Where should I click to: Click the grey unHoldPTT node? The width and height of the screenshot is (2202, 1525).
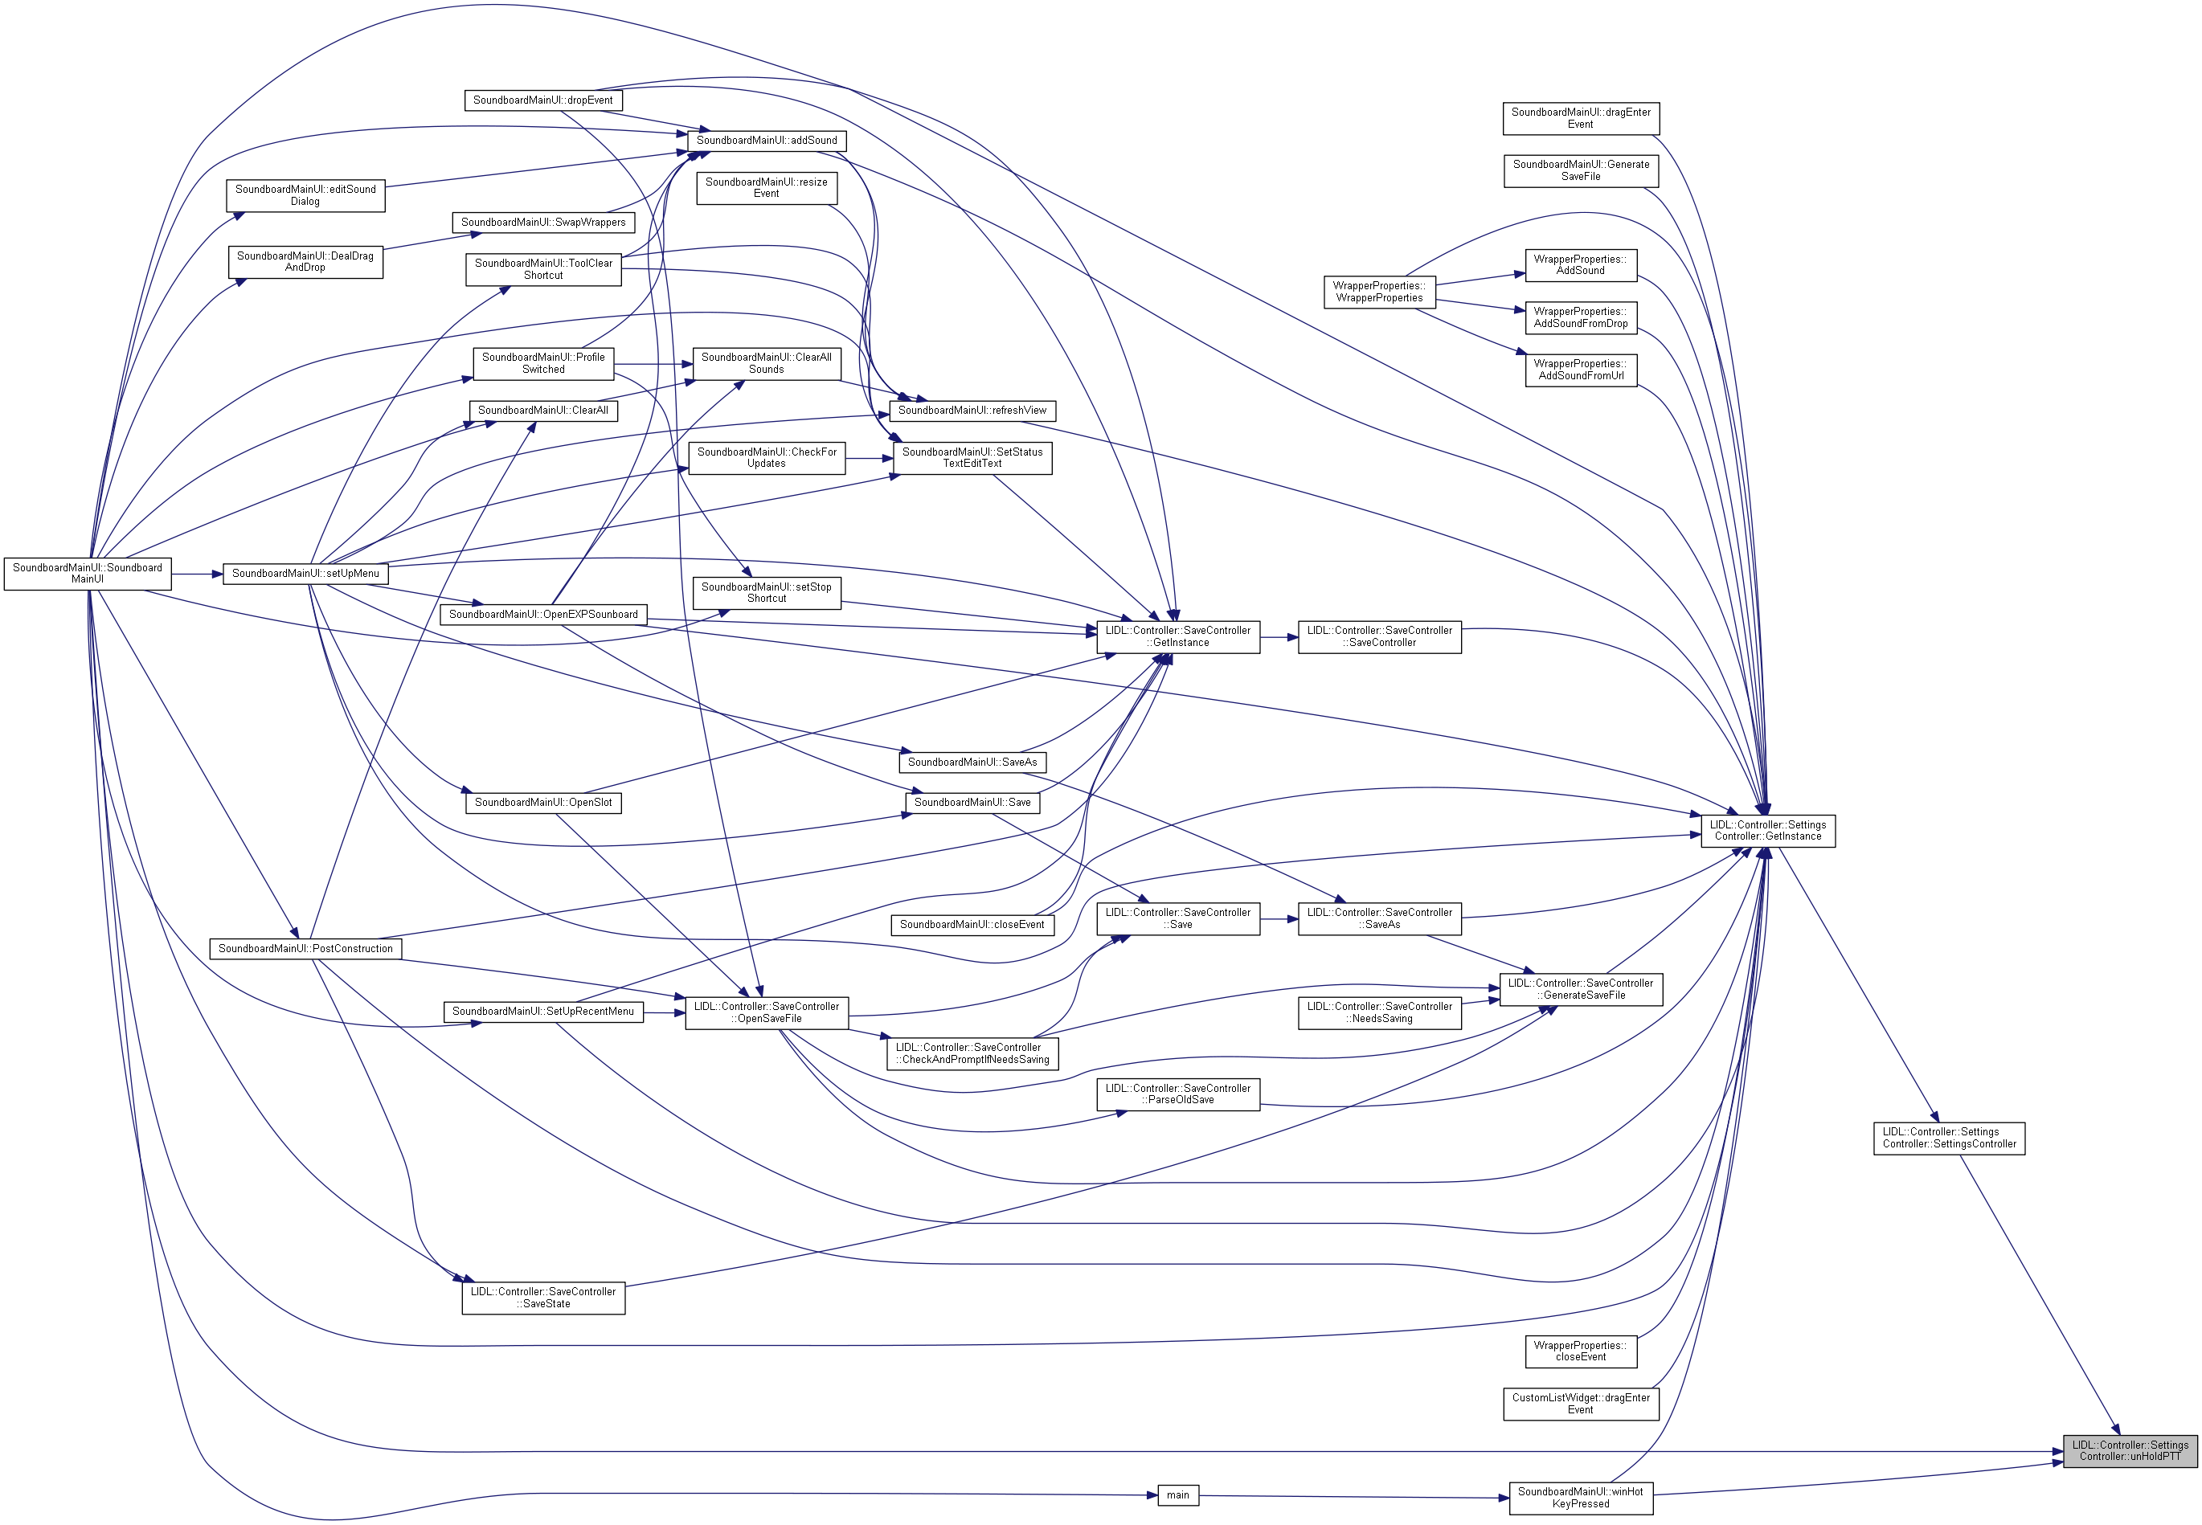point(2130,1450)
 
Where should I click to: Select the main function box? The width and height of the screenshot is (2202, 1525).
point(1177,1495)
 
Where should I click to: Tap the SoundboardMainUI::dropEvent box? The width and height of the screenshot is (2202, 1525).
point(542,100)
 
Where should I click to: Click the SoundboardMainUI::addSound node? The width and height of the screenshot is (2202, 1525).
point(767,141)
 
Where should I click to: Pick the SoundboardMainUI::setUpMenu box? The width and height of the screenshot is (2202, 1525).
point(305,574)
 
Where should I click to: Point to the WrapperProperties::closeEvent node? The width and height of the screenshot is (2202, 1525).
point(1580,1351)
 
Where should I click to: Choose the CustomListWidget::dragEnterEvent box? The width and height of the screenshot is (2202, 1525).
point(1580,1404)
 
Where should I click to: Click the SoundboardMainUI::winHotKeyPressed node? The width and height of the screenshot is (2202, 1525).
point(1580,1498)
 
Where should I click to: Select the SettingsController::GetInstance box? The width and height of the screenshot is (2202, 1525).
point(1767,830)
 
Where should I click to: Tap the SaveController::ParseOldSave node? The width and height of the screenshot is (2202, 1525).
point(1177,1094)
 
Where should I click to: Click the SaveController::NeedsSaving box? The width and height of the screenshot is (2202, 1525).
point(1379,1013)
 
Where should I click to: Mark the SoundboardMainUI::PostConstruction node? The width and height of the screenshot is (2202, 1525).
point(305,949)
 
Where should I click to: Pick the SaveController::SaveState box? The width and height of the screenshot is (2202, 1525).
point(542,1298)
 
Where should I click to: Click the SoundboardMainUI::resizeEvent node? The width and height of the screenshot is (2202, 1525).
point(767,187)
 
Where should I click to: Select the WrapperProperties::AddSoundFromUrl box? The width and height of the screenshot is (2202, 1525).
point(1580,370)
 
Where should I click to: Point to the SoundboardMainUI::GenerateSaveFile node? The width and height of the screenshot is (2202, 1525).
point(1580,170)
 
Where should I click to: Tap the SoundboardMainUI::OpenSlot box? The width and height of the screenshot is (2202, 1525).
point(542,803)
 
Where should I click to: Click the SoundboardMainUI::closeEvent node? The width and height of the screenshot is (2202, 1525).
point(971,925)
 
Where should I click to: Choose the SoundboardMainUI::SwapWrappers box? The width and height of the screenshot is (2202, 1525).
point(542,223)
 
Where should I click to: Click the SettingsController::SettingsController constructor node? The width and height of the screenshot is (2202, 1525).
point(1949,1138)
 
